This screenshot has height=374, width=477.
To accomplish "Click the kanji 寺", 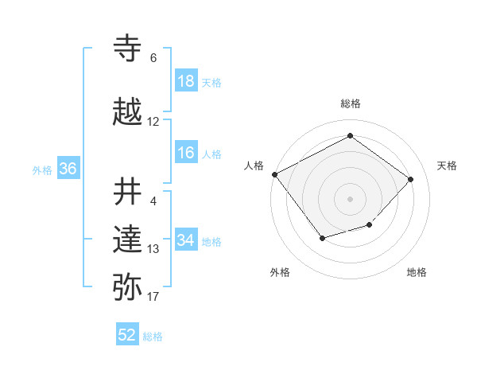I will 129,49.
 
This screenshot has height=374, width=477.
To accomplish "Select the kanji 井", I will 129,192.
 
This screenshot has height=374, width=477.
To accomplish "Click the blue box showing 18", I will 186,82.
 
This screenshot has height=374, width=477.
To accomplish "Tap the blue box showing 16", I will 186,154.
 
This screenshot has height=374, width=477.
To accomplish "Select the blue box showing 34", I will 186,241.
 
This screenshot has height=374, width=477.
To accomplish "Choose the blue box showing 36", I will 68,169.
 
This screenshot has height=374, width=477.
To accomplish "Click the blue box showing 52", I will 127,336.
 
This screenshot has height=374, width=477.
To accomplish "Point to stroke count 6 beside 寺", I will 153,58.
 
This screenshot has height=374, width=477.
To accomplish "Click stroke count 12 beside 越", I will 153,122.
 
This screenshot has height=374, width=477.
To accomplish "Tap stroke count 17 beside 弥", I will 153,297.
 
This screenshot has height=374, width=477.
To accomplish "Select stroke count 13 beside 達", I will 153,249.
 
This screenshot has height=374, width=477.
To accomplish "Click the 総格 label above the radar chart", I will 351,103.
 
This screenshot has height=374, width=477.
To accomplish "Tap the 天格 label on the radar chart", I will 448,166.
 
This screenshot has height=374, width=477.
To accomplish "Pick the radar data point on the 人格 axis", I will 274,174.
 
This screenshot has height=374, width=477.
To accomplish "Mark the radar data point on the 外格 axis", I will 322,238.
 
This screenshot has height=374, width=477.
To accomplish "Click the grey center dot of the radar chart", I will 350,198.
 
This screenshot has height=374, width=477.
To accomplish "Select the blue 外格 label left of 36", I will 42,169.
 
